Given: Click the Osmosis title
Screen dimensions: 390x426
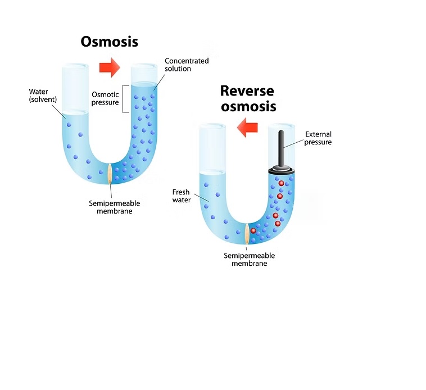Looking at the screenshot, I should pos(109,42).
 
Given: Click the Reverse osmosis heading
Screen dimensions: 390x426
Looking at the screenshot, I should pos(247,98).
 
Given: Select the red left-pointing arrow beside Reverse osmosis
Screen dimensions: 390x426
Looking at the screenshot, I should pos(247,129).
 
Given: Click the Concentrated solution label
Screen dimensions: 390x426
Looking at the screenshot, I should pos(187,65).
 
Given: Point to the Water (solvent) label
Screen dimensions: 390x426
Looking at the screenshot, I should pos(43,95).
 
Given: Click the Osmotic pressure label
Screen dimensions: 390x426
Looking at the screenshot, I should pos(105,98).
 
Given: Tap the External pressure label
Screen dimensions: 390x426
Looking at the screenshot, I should pos(318,138).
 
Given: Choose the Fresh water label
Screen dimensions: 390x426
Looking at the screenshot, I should pos(182,196).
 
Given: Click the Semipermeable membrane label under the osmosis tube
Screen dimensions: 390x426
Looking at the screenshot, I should pos(115,207).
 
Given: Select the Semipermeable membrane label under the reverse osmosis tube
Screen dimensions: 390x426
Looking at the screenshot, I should pos(249,259).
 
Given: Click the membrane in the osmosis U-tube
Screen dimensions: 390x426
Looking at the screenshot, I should pos(110,174).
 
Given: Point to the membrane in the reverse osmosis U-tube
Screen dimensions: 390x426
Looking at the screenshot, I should pos(247,233).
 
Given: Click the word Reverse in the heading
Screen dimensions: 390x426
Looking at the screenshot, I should pos(247,90).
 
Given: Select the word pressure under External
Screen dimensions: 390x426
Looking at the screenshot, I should pos(318,142).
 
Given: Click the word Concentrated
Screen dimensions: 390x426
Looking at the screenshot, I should pos(187,61).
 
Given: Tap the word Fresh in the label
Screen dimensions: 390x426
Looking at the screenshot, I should pos(181,192).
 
